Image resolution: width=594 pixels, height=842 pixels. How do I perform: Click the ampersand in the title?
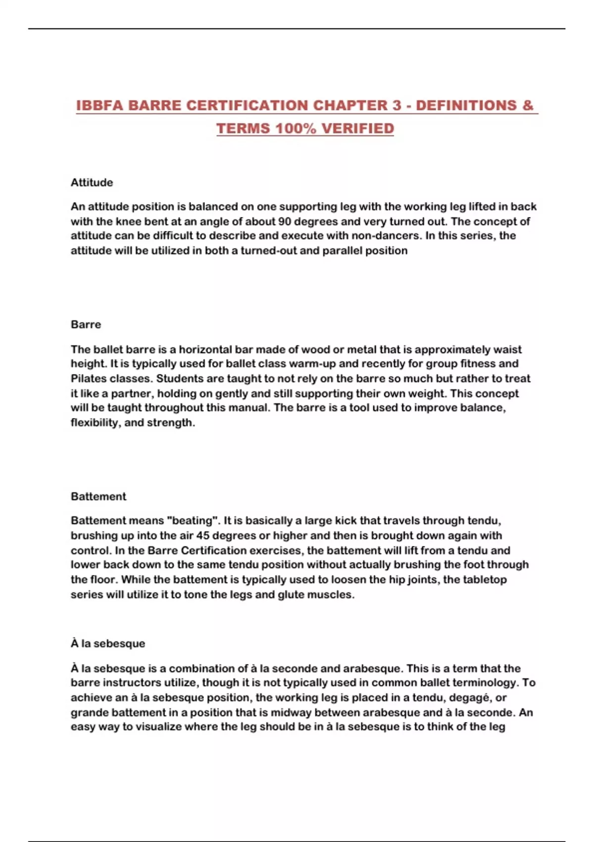click(x=528, y=105)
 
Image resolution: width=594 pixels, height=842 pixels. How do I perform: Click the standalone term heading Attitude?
click(x=92, y=183)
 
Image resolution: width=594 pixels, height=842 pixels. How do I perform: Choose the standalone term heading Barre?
click(x=86, y=325)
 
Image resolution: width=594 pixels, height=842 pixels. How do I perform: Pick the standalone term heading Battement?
click(x=99, y=497)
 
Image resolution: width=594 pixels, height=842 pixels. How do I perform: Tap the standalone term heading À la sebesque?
click(x=108, y=644)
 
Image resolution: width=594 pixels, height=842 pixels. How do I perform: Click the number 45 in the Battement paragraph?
click(x=203, y=535)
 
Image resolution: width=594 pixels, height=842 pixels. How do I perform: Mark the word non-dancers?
click(x=388, y=236)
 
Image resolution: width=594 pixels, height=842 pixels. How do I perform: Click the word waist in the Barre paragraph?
click(x=508, y=350)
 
